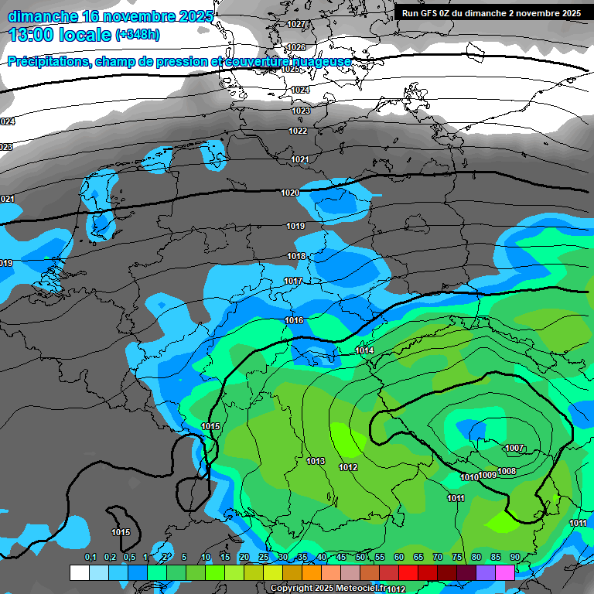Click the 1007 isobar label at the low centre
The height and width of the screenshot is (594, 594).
(x=514, y=449)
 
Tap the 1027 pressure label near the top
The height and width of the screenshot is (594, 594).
(x=295, y=24)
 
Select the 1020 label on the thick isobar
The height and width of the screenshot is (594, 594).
(x=290, y=193)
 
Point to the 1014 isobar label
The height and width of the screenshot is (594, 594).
(x=365, y=351)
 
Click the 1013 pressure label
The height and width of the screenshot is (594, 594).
(x=316, y=461)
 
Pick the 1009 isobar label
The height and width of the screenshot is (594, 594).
(x=488, y=475)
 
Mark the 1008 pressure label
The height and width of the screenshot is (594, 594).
(x=507, y=471)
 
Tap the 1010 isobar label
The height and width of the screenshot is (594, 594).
(x=469, y=477)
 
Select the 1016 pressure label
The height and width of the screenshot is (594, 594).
(x=294, y=320)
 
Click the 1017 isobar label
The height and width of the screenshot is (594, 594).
(x=292, y=281)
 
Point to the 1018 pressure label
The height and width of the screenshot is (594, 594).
(x=296, y=256)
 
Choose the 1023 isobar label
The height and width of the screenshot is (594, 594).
(x=300, y=111)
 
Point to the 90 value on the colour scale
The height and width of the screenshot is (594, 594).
(x=514, y=557)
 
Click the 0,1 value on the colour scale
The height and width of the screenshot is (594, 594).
(x=90, y=557)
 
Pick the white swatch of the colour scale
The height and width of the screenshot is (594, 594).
(x=79, y=572)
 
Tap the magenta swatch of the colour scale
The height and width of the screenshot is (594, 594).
(x=505, y=572)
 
